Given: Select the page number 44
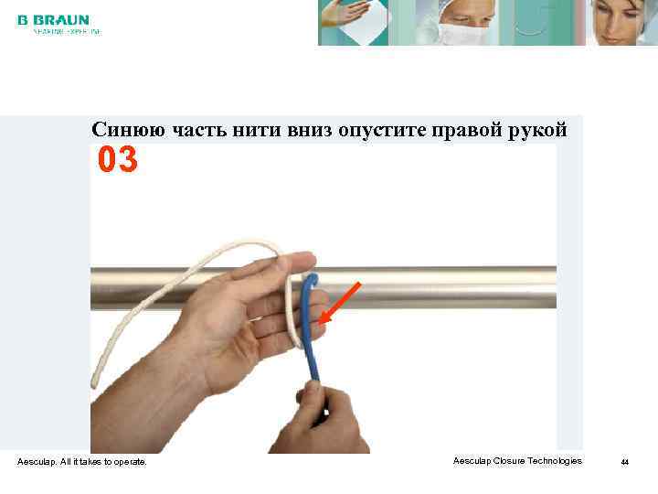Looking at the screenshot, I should pos(625,462).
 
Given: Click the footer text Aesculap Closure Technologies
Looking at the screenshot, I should pos(516,461).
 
